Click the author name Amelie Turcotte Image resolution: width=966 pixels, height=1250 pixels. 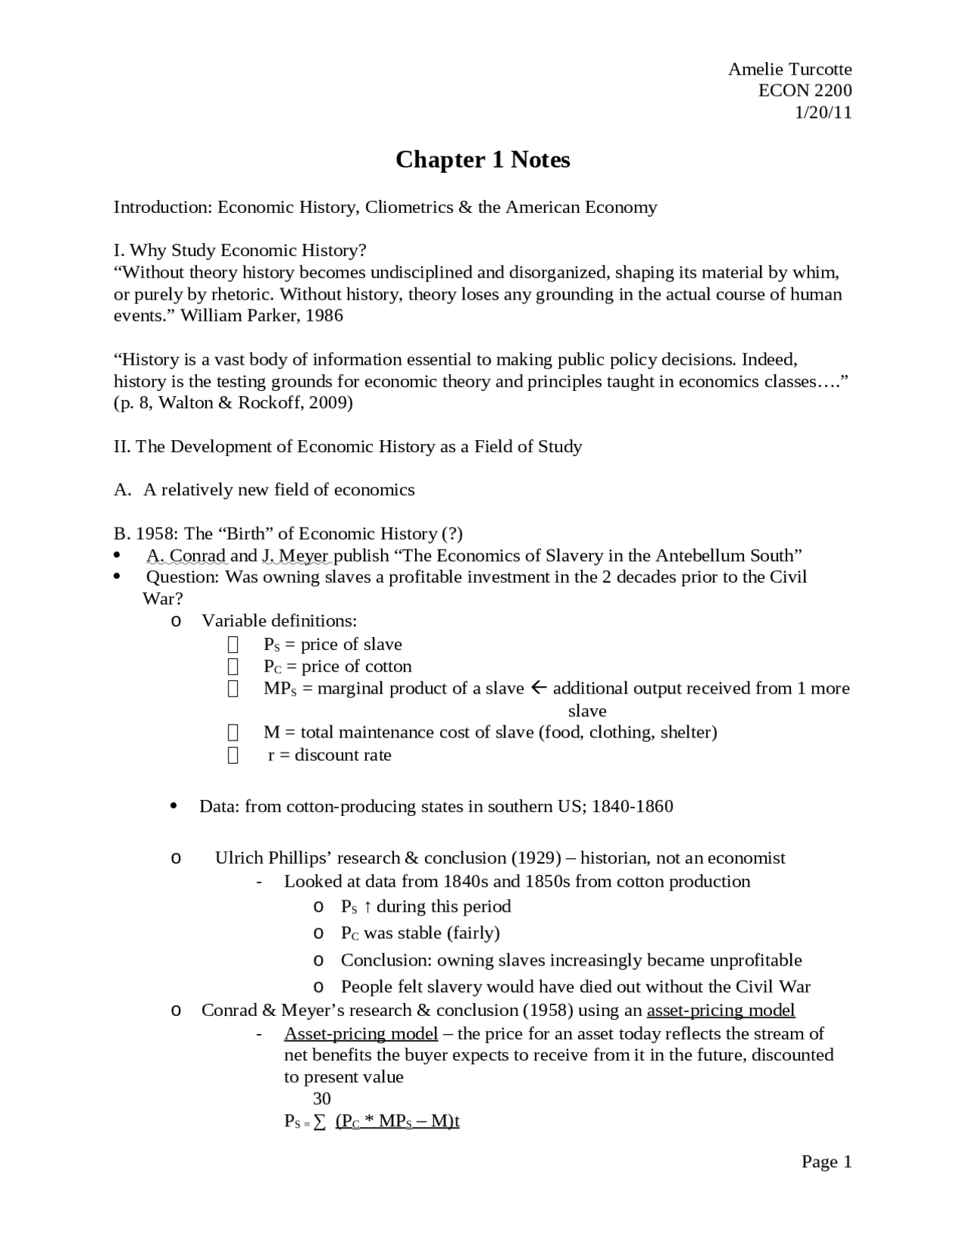click(x=789, y=69)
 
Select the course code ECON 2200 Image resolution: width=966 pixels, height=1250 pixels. click(x=804, y=91)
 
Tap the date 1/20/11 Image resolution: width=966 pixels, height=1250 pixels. click(x=823, y=112)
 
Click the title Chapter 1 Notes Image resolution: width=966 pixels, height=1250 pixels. click(x=482, y=159)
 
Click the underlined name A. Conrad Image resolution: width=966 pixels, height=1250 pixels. click(x=186, y=556)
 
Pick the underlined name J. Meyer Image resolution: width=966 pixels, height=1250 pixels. click(x=295, y=556)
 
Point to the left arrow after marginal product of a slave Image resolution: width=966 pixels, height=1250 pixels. click(x=538, y=688)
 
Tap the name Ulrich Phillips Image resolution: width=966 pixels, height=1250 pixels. click(x=273, y=858)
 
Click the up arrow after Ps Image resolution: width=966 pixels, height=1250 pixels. click(x=368, y=907)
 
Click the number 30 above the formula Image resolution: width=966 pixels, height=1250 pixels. click(x=321, y=1098)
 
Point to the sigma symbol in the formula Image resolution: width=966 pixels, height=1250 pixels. click(x=320, y=1122)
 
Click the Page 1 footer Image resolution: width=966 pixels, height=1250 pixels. click(x=826, y=1162)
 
